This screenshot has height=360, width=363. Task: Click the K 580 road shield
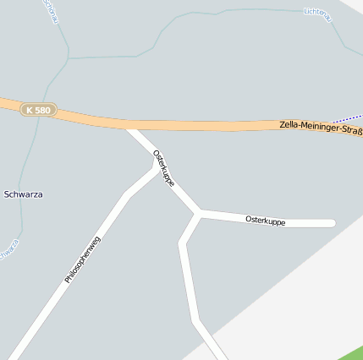38,110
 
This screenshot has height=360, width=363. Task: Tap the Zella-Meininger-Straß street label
320,128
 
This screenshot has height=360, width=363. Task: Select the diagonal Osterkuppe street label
164,168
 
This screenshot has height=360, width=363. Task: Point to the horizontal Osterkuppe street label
265,221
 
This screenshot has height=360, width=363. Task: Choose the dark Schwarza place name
24,194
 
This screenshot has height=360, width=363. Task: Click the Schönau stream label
51,10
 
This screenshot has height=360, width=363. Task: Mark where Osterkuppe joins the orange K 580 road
132,128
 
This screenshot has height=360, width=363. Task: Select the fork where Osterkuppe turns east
200,212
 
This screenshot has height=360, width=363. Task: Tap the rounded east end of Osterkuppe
332,224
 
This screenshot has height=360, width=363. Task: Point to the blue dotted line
347,117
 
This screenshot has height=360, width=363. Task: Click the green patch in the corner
354,352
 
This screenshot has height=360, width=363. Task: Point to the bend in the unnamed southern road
182,244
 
